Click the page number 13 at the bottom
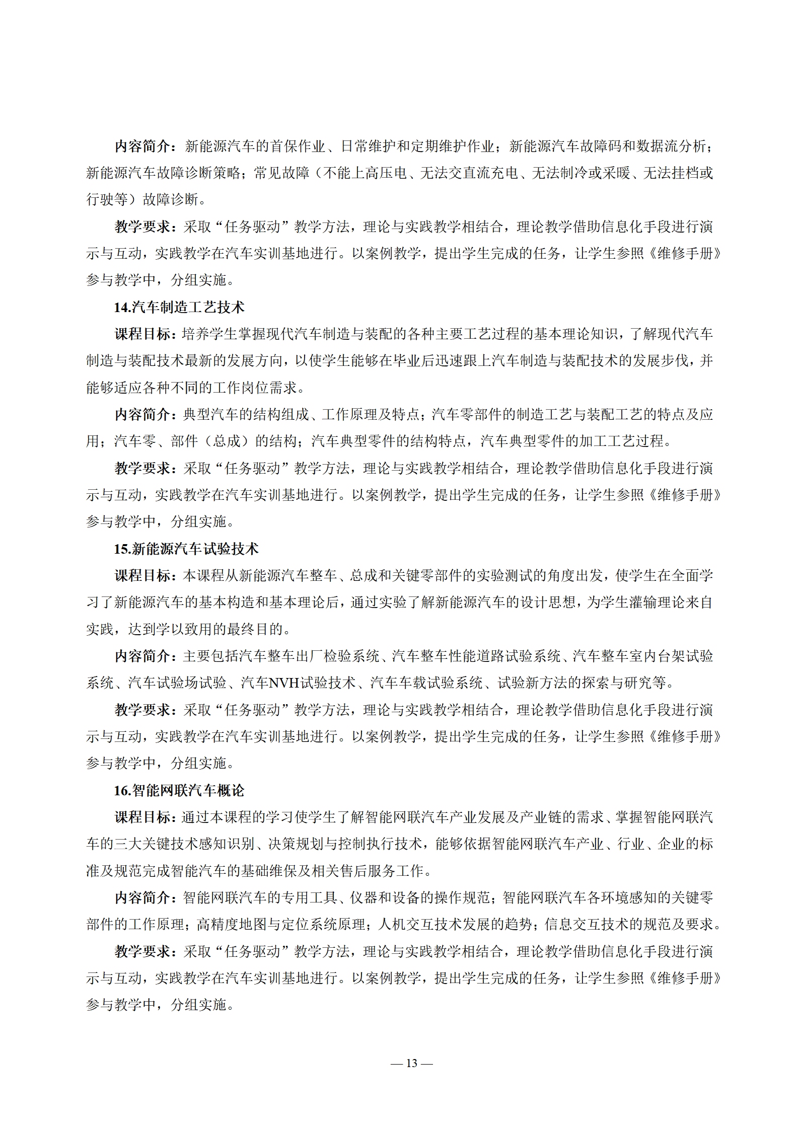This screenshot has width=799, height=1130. click(411, 1063)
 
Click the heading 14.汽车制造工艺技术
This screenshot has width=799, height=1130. click(179, 307)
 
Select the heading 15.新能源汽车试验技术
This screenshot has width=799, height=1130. click(186, 549)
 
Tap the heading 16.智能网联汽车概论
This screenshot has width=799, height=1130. click(179, 790)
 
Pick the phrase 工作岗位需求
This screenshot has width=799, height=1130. click(255, 388)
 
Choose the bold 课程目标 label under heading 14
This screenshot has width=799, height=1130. click(143, 334)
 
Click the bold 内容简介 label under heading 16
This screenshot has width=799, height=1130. click(143, 898)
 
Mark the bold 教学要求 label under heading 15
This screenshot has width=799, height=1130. click(143, 710)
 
